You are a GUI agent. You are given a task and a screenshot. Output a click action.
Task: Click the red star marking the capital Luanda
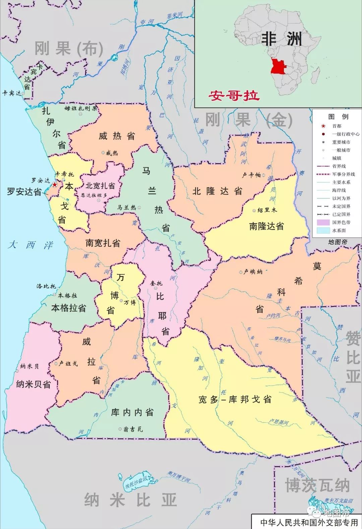point(55,184)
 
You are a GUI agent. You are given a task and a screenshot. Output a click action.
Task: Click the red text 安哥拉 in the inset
point(234,96)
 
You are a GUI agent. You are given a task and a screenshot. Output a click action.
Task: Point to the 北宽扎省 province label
point(100,186)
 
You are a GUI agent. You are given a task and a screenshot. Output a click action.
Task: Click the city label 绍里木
point(267,210)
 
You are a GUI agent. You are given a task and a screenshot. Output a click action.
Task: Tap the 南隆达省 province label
point(266,226)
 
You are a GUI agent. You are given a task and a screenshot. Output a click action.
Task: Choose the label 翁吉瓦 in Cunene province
point(133,429)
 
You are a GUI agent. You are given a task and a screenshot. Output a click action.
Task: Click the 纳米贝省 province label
point(34,384)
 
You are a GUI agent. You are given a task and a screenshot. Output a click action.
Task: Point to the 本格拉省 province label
point(68,308)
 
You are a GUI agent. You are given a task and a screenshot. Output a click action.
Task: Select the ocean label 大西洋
point(31,245)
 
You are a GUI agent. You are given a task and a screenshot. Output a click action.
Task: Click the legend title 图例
point(338,117)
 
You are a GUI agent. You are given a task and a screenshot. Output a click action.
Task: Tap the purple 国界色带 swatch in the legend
point(323,222)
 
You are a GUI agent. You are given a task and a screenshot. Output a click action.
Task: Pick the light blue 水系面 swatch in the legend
point(323,230)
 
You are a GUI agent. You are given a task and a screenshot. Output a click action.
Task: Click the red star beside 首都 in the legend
point(323,126)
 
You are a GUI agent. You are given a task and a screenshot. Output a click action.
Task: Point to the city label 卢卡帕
point(251,175)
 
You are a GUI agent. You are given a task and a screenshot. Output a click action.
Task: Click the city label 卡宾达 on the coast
point(11,93)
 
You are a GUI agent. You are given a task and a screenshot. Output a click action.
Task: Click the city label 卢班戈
point(68,364)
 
